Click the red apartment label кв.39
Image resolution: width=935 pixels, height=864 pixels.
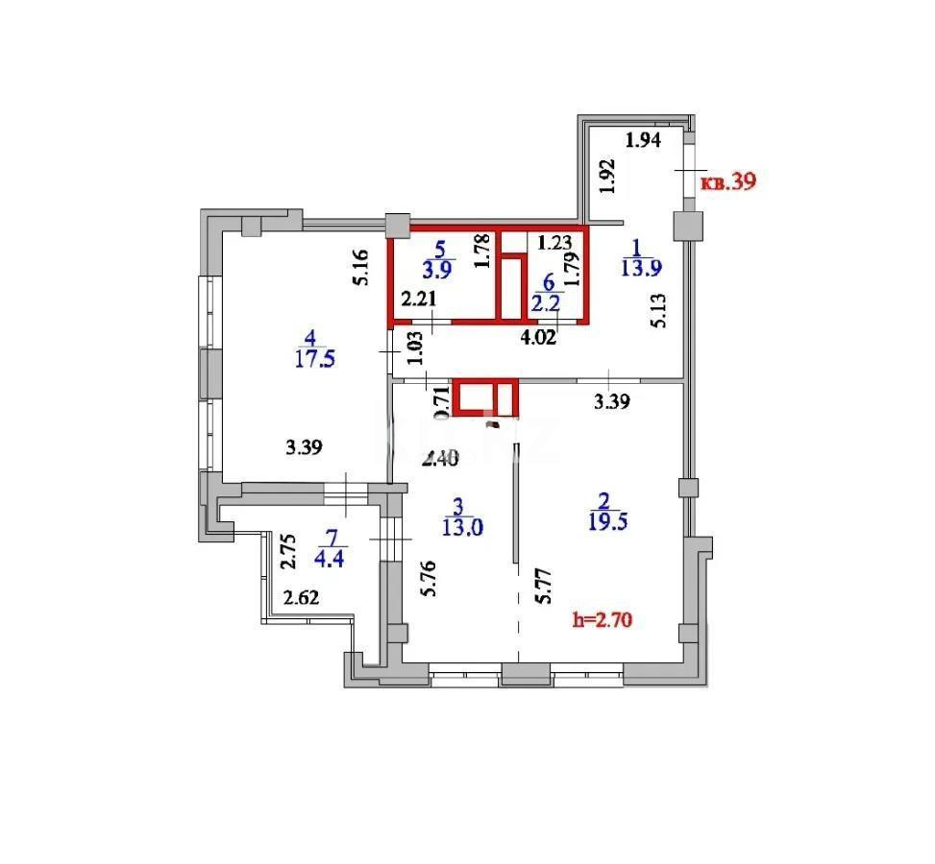(728, 181)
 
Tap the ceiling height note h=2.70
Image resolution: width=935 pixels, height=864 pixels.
(602, 620)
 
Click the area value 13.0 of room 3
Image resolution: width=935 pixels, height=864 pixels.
(462, 527)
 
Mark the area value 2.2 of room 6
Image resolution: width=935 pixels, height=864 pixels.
(548, 305)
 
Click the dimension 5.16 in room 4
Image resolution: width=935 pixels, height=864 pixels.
(358, 268)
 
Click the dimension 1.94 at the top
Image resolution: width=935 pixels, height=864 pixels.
(643, 141)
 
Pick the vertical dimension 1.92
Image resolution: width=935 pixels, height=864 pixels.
(606, 177)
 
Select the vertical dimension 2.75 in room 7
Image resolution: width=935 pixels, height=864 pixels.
(285, 553)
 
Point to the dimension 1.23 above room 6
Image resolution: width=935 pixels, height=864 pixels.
(555, 243)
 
